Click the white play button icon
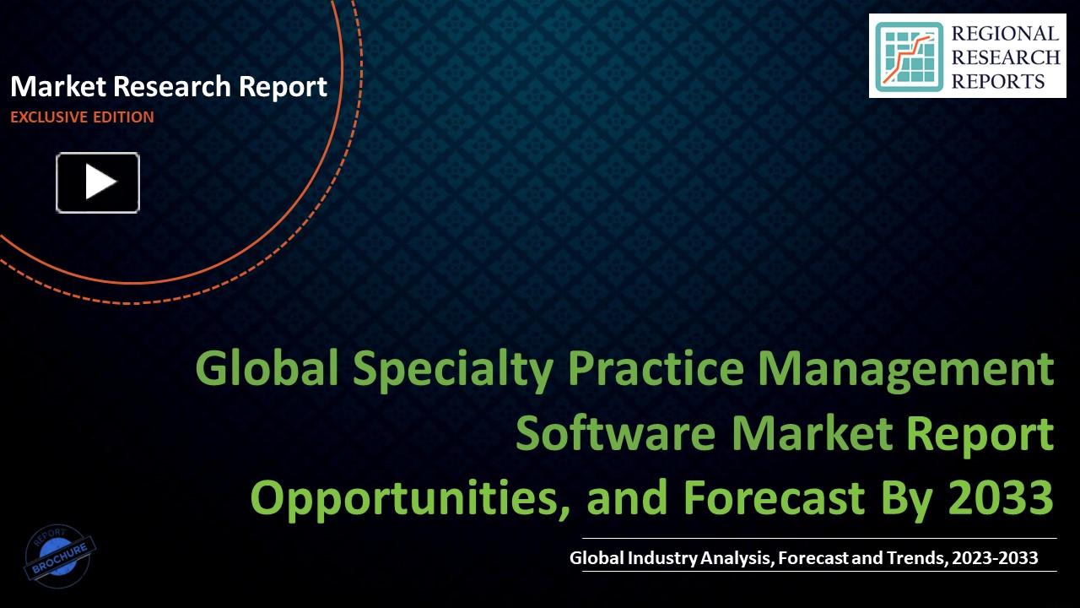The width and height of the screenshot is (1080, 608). click(98, 182)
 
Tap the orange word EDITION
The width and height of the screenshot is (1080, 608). click(124, 117)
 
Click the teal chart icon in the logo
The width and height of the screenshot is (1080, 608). click(909, 57)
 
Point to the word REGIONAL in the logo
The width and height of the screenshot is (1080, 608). click(1005, 34)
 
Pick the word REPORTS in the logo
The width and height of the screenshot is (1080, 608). click(998, 81)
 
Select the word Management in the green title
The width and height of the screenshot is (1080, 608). click(906, 369)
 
